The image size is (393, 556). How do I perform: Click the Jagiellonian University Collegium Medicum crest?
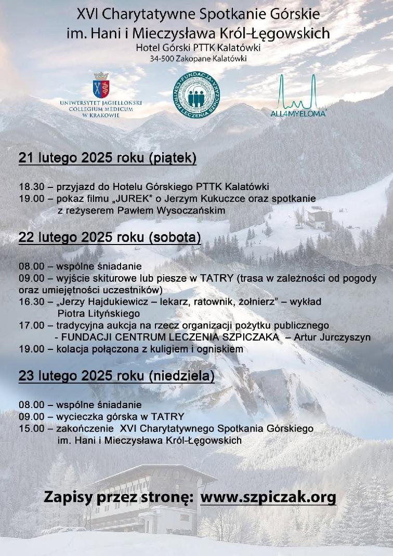(x=101, y=85)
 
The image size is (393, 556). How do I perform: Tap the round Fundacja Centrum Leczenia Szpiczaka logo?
(x=197, y=94)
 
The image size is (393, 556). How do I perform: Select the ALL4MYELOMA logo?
(x=298, y=96)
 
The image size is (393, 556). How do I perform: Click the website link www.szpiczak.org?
(x=268, y=497)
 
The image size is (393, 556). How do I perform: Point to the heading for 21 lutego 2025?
(x=108, y=158)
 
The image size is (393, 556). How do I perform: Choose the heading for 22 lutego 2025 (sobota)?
(x=110, y=237)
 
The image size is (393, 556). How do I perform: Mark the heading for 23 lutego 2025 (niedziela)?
(x=116, y=376)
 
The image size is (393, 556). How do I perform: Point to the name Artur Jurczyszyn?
(x=332, y=337)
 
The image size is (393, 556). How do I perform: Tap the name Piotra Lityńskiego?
(x=99, y=314)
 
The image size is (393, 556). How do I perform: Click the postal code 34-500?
(x=162, y=59)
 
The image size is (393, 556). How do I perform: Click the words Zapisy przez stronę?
(x=118, y=497)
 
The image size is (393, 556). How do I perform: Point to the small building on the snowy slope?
(x=320, y=219)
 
